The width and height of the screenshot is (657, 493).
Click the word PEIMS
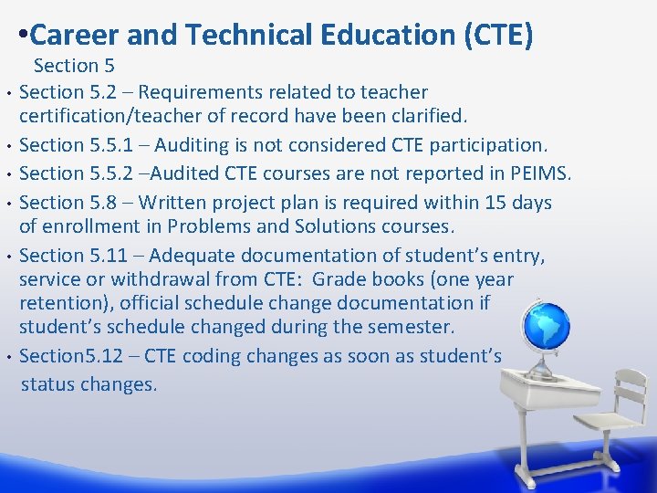(x=544, y=173)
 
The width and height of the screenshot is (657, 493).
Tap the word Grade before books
(x=338, y=279)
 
